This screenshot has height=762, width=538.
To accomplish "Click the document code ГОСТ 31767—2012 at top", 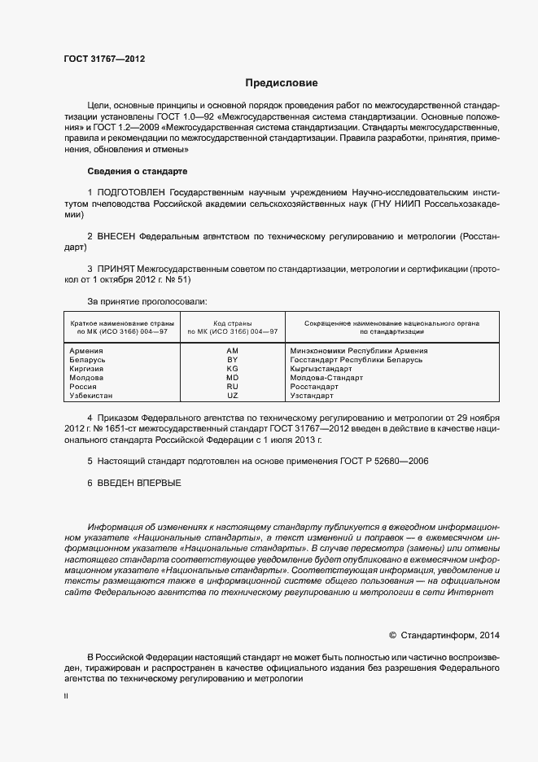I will click(x=104, y=59).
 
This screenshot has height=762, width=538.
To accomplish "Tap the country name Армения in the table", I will click(x=87, y=351).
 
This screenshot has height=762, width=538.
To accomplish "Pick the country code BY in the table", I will click(x=232, y=360).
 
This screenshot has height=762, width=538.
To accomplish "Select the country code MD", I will click(x=232, y=378).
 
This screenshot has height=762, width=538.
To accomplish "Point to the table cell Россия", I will click(x=84, y=387).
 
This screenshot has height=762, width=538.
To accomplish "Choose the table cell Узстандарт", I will click(x=312, y=396).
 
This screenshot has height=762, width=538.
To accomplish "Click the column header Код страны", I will click(x=232, y=323).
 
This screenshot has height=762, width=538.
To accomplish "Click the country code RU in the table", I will click(x=232, y=387).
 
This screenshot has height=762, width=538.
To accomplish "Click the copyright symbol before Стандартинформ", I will click(x=392, y=635).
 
